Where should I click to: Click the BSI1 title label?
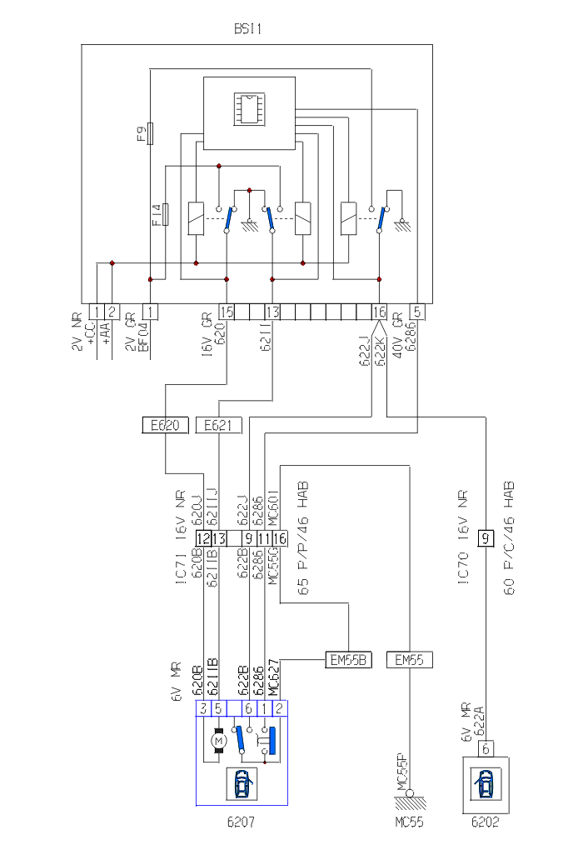click(248, 28)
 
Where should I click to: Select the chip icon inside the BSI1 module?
click(248, 109)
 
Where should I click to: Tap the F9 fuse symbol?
click(150, 132)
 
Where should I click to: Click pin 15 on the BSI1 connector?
click(227, 312)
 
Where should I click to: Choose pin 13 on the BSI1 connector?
click(273, 312)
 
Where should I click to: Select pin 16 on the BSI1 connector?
click(379, 312)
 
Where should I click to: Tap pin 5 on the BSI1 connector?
click(419, 312)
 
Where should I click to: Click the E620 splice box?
click(165, 426)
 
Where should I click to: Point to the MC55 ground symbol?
click(411, 798)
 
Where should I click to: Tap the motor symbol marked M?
click(218, 738)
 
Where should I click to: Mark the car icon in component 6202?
click(485, 784)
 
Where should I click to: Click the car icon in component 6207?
click(242, 783)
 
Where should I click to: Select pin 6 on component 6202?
click(485, 747)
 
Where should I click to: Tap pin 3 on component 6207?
click(203, 708)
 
